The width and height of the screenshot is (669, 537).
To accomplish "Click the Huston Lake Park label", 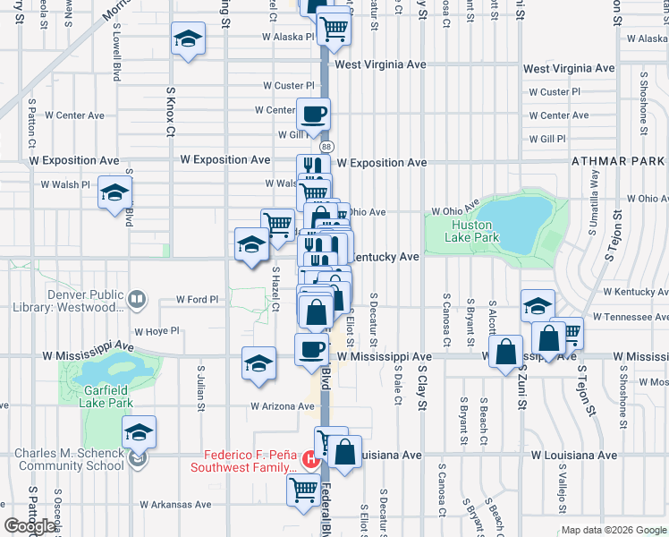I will tap(473, 232).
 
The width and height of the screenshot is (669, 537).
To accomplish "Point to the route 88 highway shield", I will tap(326, 146).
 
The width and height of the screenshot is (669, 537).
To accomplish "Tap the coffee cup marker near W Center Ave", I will tap(313, 115).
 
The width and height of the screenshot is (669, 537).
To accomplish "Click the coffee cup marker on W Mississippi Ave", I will tap(310, 349).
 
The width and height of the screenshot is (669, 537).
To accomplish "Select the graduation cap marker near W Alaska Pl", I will tap(189, 39).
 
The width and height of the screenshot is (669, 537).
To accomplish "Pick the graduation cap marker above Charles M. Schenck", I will tap(139, 432).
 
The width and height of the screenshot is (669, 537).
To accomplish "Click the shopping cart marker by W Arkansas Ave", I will tap(302, 490).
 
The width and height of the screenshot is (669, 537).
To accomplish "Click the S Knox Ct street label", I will tap(170, 111).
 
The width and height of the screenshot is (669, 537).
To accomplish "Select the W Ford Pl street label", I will tap(198, 299).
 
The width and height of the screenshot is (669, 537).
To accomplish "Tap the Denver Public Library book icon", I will tap(136, 299).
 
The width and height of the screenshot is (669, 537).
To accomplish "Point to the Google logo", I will tap(31, 526).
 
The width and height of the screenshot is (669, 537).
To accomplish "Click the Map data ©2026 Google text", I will tap(614, 530).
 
